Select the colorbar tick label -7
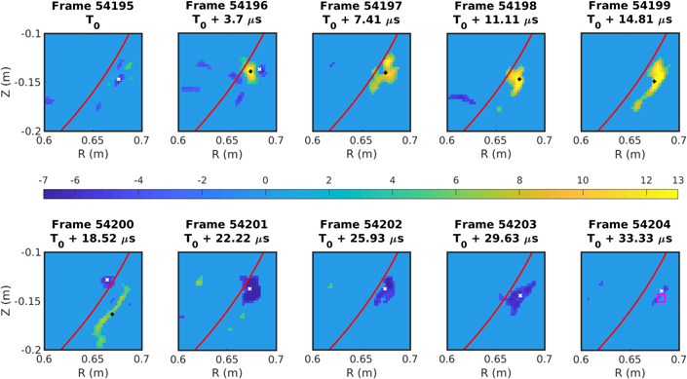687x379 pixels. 45,181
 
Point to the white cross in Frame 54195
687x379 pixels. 119,79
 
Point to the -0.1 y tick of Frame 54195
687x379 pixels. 29,33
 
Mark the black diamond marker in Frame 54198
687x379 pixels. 518,79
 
